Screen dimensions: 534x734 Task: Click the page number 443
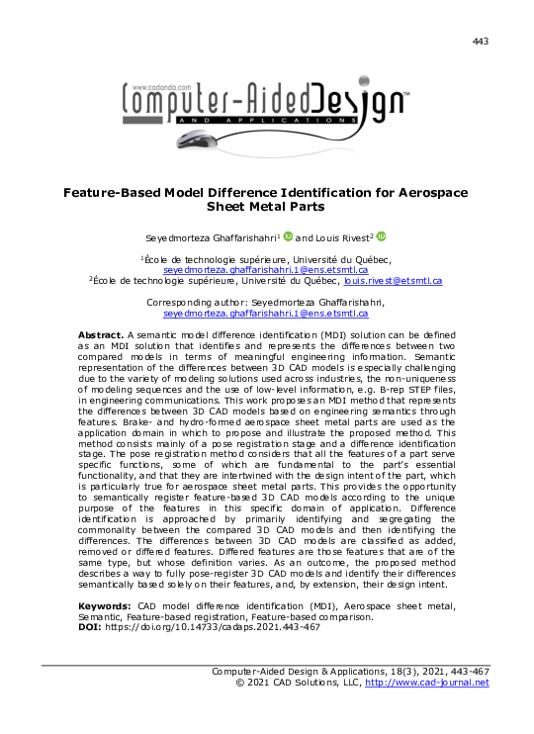[481, 41]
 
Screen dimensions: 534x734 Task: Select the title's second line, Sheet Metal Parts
[267, 209]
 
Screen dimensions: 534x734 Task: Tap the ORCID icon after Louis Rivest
[382, 237]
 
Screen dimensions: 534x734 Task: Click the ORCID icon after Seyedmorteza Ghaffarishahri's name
[288, 237]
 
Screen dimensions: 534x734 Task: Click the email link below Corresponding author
[266, 313]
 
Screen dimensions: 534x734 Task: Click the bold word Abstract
[101, 336]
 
